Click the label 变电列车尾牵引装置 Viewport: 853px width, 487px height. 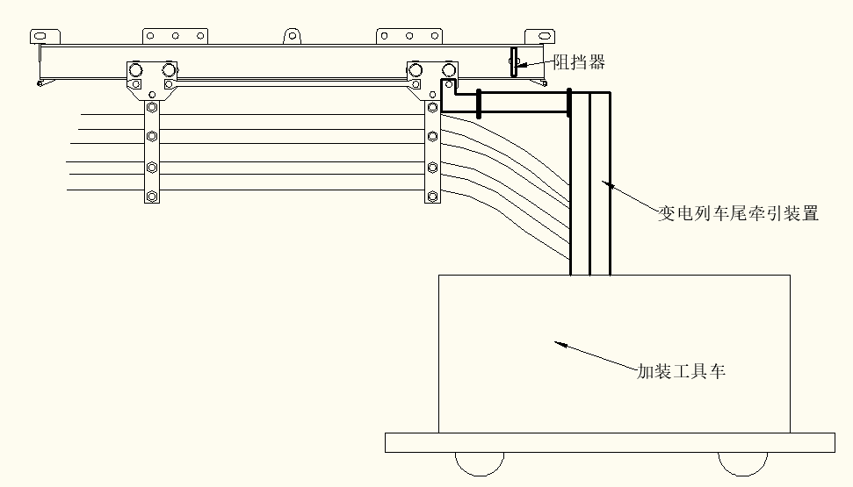739,213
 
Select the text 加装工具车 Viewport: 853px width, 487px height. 682,371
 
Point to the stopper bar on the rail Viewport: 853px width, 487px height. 513,61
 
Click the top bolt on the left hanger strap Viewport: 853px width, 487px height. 153,108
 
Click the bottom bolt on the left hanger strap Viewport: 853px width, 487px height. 153,196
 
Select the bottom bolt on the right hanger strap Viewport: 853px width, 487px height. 432,196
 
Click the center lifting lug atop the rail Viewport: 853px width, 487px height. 293,36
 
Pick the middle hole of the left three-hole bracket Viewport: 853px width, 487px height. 176,36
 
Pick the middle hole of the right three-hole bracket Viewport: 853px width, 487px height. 409,36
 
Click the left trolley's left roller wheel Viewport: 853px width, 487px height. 137,68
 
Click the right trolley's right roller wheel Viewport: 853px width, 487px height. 449,68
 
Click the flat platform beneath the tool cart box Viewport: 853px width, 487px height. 609,442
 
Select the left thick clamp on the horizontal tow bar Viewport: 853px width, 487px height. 479,104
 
